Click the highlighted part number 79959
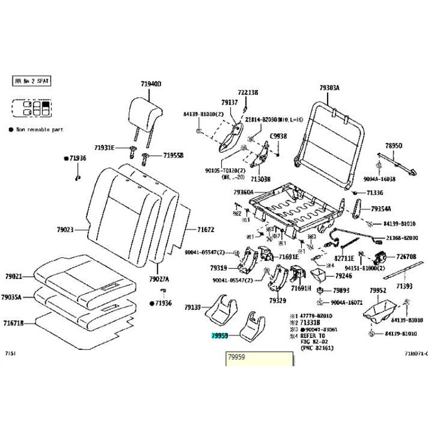pyautogui.click(x=220, y=335)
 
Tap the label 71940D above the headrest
pyautogui.click(x=151, y=84)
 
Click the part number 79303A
pyautogui.click(x=329, y=88)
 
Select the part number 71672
pyautogui.click(x=206, y=230)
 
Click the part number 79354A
pyautogui.click(x=381, y=208)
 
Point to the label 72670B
pyautogui.click(x=406, y=257)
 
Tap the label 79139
pyautogui.click(x=194, y=308)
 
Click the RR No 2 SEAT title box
pyautogui.click(x=31, y=81)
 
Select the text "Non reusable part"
pyautogui.click(x=39, y=129)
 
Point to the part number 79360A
pyautogui.click(x=243, y=193)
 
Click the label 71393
pyautogui.click(x=404, y=286)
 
